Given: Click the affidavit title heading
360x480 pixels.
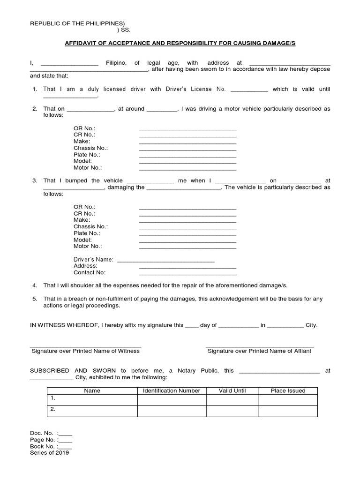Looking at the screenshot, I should pyautogui.click(x=180, y=43).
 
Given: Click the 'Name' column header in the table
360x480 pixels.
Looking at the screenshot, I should pyautogui.click(x=92, y=390).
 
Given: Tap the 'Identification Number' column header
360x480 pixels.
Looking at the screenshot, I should pyautogui.click(x=172, y=390).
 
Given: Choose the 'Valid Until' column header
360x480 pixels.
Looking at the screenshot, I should pyautogui.click(x=232, y=390).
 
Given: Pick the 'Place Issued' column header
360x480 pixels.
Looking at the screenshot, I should pyautogui.click(x=288, y=390).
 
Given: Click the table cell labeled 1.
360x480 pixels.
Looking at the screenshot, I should pyautogui.click(x=92, y=399).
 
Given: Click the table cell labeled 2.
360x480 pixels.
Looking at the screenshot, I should pyautogui.click(x=92, y=410).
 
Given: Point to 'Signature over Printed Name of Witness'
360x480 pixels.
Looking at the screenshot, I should pyautogui.click(x=85, y=351).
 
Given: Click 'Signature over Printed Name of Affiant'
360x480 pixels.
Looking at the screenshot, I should pyautogui.click(x=259, y=351).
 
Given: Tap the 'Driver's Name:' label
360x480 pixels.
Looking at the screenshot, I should pyautogui.click(x=93, y=259).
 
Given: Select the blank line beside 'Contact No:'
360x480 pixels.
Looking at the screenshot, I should pyautogui.click(x=187, y=272).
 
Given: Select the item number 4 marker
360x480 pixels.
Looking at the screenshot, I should pyautogui.click(x=34, y=285).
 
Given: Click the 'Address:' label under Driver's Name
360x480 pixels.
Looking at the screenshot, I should pyautogui.click(x=85, y=266).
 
